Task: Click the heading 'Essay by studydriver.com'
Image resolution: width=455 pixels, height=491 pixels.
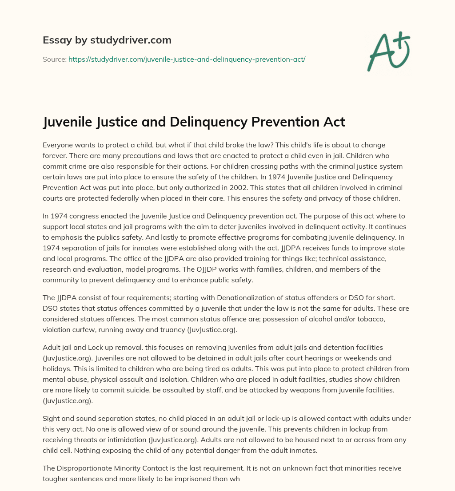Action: [x=107, y=40]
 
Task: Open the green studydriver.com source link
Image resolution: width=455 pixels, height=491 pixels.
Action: [x=187, y=59]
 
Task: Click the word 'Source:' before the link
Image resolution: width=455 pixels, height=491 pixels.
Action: [x=54, y=59]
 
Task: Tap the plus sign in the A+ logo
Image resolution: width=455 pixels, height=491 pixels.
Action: [x=401, y=40]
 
